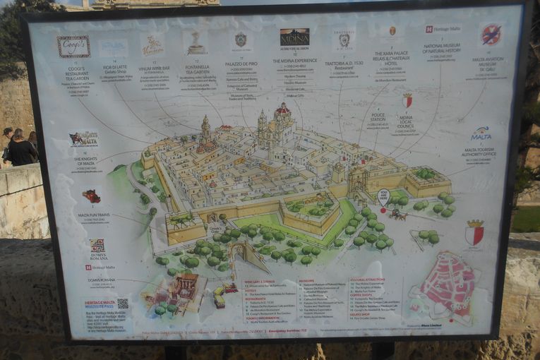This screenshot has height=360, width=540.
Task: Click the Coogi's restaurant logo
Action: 73,47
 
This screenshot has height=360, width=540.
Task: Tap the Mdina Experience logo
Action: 294,37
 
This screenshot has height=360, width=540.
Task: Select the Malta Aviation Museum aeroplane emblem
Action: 491,34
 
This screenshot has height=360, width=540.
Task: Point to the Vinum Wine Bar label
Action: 154,70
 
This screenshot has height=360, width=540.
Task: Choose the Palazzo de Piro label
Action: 241,64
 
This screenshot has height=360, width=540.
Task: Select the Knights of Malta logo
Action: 83,139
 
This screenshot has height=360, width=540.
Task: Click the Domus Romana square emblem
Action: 97,246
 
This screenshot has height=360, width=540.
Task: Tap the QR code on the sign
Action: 123,304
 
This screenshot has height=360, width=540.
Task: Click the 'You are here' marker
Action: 383,196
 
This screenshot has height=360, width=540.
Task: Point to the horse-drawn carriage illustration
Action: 400,214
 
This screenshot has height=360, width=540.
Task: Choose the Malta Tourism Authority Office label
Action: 480,152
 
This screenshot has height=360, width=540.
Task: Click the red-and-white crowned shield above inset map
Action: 474,232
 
